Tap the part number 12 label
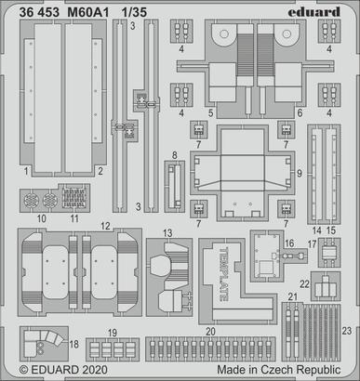(107, 225)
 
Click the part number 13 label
(167, 232)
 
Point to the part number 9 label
(299, 174)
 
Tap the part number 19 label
(113, 332)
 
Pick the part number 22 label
(305, 282)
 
